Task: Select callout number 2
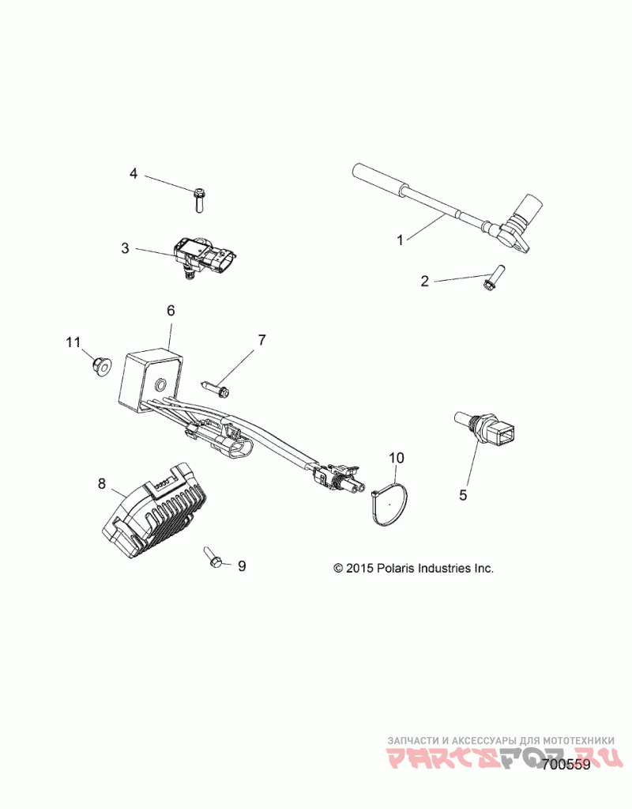tap(424, 282)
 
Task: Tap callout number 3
tap(126, 248)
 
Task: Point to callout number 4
tap(134, 173)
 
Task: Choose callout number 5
tap(464, 495)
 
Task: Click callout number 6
tap(171, 311)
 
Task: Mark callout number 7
tap(261, 341)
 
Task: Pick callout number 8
tap(102, 483)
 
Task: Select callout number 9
tap(242, 565)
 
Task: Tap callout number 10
tap(397, 457)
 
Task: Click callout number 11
tap(73, 342)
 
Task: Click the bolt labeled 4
tap(198, 198)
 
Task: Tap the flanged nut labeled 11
tap(101, 365)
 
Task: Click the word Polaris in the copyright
tap(395, 568)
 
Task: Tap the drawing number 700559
tap(566, 764)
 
